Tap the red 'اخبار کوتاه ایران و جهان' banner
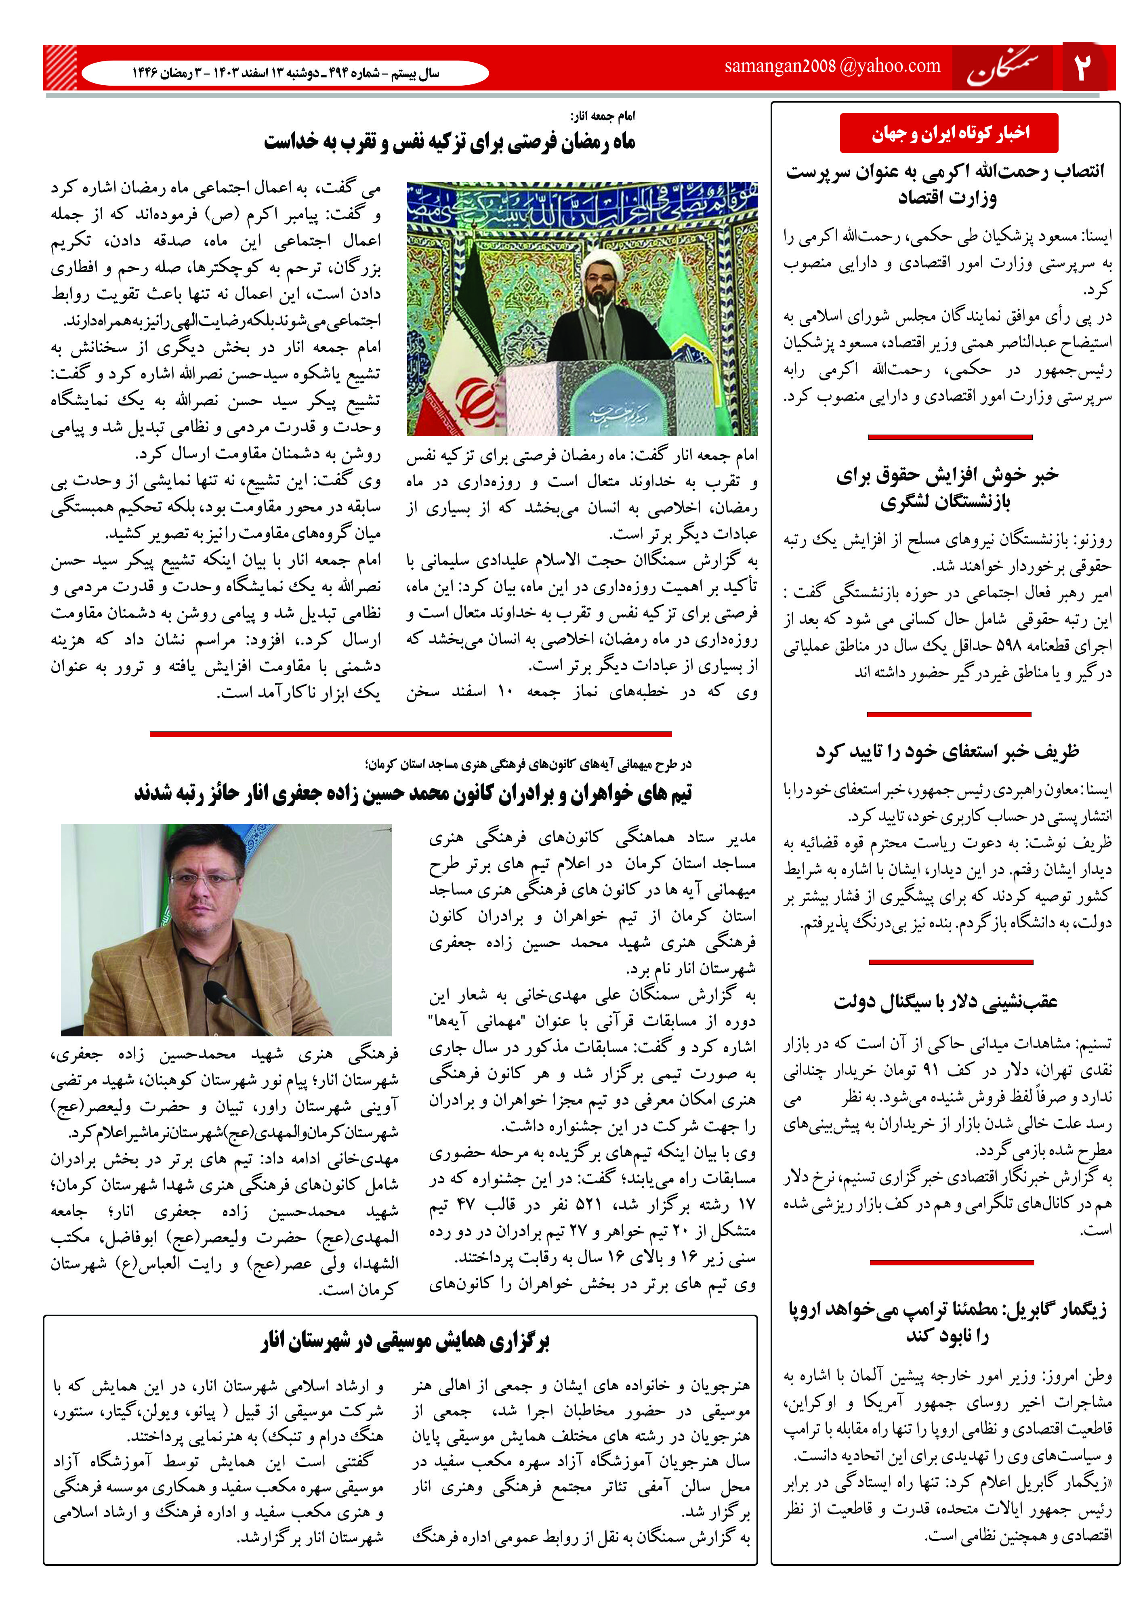click(x=949, y=132)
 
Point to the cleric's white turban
click(x=597, y=265)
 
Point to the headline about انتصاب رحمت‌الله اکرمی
click(x=946, y=185)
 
